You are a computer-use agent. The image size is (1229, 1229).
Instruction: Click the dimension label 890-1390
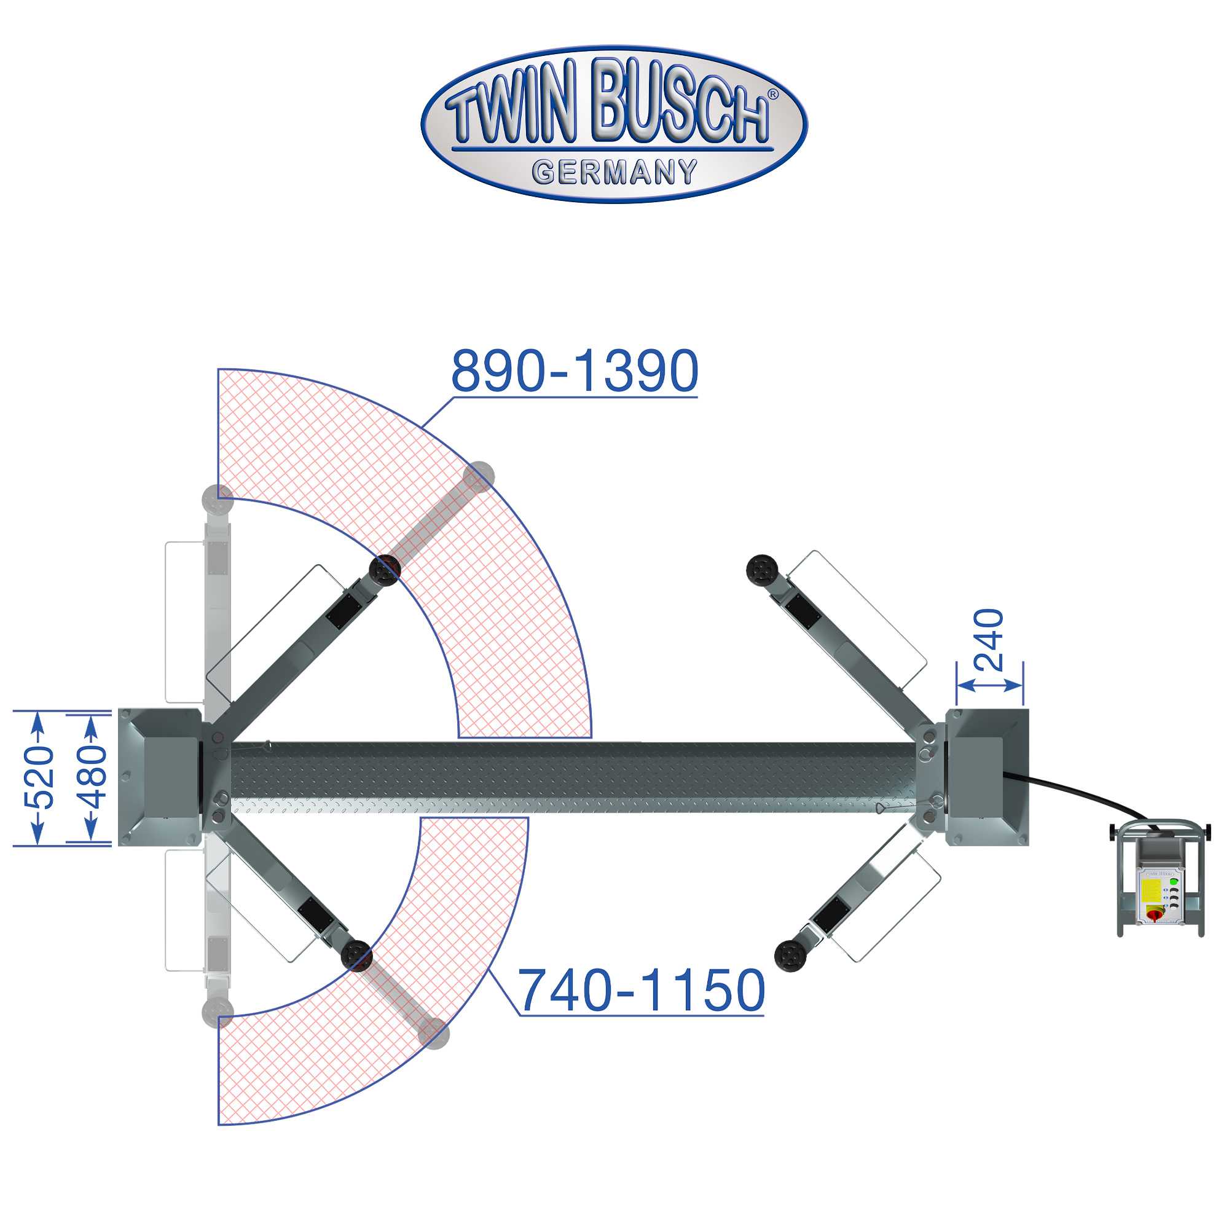pos(575,371)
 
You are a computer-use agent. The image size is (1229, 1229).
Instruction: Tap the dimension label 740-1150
pos(641,990)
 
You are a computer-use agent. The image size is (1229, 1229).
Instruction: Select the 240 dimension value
pos(989,640)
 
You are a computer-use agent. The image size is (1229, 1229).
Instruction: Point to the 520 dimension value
pos(39,778)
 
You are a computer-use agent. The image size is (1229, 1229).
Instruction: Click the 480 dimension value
pos(92,777)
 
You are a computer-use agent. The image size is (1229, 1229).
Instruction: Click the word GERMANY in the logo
pos(614,173)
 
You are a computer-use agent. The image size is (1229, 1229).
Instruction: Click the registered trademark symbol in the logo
pos(773,94)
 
